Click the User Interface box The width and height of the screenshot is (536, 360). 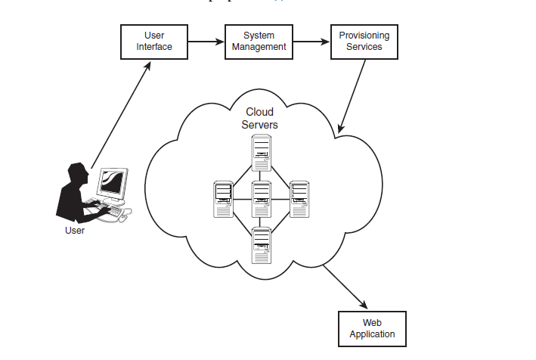[154, 42]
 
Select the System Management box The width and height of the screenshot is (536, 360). [259, 42]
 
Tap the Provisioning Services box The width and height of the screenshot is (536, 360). [364, 42]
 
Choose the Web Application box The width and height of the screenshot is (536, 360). [372, 328]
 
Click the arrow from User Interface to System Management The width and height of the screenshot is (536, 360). [206, 42]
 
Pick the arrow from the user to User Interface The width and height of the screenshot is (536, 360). [121, 113]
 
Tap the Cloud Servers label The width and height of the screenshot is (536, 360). [260, 118]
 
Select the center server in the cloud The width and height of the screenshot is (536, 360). [262, 199]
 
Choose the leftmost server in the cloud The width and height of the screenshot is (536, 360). [223, 199]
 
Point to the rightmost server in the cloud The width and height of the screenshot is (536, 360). [300, 199]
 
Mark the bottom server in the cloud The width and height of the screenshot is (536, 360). [262, 244]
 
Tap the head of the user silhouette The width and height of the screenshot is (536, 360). [78, 172]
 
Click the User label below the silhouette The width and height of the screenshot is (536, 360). [74, 231]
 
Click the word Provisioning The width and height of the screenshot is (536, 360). [364, 36]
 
